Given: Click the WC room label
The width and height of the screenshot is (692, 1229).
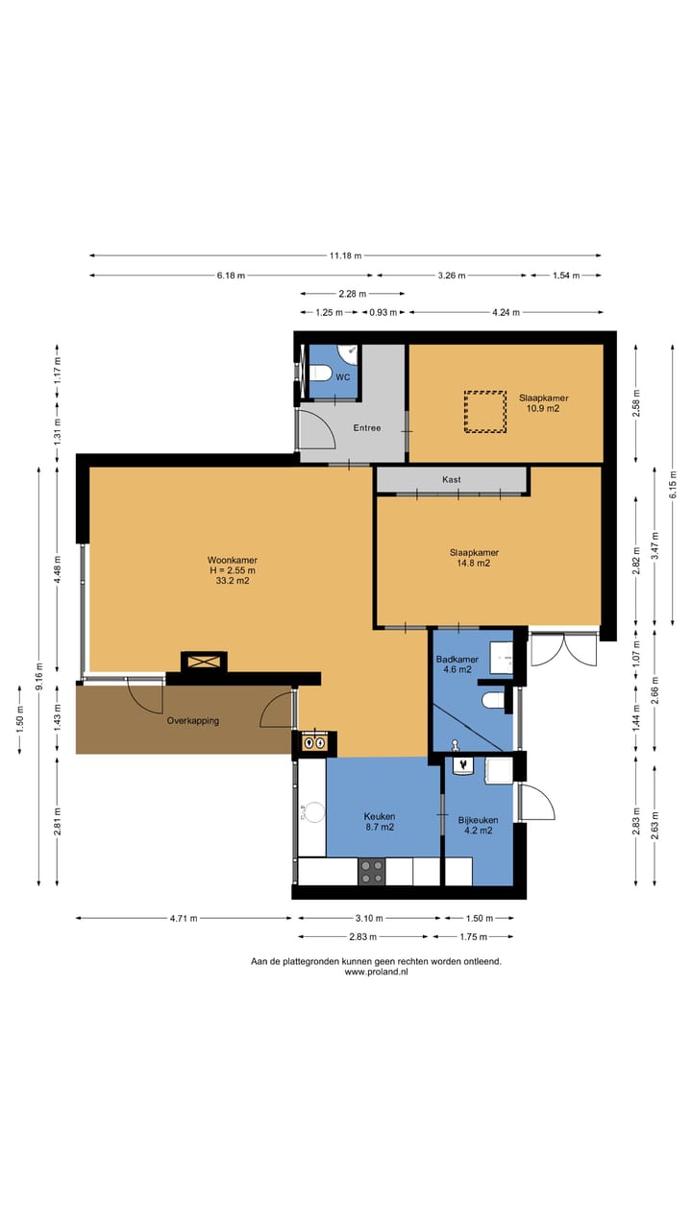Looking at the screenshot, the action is (343, 377).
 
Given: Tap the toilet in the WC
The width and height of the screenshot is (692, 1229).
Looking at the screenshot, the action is (320, 374).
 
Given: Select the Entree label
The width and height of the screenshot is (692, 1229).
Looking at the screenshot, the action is (367, 428).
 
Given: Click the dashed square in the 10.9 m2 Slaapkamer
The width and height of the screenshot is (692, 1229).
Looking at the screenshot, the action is (485, 412).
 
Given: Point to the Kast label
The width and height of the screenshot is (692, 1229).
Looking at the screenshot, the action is (452, 479).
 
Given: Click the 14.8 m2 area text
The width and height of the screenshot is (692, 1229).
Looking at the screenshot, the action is (474, 563).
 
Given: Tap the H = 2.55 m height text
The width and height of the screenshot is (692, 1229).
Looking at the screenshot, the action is (233, 570).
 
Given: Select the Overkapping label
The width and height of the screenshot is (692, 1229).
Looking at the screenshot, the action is (193, 721).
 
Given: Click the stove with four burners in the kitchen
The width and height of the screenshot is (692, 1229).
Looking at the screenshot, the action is (372, 872).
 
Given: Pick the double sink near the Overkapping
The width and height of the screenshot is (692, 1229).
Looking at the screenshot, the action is (314, 743).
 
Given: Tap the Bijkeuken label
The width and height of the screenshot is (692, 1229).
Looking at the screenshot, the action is (478, 820).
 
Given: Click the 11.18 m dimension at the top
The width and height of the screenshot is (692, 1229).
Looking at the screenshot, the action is (345, 255).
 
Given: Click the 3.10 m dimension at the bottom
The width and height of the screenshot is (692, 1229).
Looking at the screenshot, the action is (369, 918).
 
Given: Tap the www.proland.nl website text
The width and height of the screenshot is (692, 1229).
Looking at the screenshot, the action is (376, 972).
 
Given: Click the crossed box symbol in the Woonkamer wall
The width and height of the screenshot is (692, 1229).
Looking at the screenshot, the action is (204, 662).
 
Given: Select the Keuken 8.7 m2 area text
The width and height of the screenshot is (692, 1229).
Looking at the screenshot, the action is (380, 828).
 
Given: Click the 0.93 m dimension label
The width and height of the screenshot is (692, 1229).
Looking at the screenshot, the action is (383, 312).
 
